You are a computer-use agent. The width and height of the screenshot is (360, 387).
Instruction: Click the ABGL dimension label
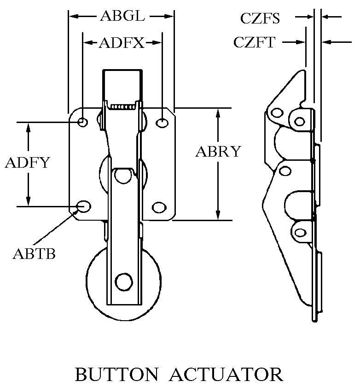coord(122,17)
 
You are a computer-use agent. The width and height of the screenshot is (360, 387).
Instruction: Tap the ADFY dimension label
coord(27,163)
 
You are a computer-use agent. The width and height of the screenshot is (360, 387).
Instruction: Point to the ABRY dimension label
coord(218,152)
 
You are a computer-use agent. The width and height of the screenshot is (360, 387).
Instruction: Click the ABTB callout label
coord(34,253)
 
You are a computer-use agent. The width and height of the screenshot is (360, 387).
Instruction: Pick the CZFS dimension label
coord(260,18)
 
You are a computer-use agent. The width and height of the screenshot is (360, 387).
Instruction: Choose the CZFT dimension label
coord(254,42)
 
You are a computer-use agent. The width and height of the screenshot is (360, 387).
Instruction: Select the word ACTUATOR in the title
coord(228,374)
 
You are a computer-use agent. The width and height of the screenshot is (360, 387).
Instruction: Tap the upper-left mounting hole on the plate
coord(83,122)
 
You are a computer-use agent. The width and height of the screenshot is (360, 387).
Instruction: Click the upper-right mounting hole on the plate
coord(162,123)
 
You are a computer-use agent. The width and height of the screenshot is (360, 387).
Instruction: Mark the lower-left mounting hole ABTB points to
coord(83,206)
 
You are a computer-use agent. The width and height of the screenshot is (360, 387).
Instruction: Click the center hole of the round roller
coord(123,281)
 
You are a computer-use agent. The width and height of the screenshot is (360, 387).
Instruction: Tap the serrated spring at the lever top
coord(123,106)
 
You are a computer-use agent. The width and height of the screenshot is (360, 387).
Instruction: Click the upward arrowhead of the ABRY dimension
coord(218,112)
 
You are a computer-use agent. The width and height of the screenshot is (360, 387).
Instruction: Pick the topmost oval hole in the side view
coord(277,113)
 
